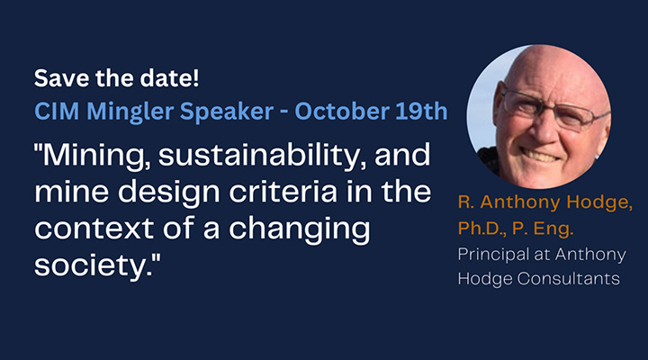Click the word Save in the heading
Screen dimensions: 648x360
pos(61,78)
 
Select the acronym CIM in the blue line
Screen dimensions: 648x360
pos(57,112)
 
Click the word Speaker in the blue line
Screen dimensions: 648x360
pos(227,112)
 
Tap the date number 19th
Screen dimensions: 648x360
pos(421,112)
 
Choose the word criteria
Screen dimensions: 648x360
pos(283,192)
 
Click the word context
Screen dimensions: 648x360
pos(94,229)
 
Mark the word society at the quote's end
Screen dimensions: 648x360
pos(93,266)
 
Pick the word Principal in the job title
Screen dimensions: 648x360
pos(493,255)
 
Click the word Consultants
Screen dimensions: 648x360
pos(569,278)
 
